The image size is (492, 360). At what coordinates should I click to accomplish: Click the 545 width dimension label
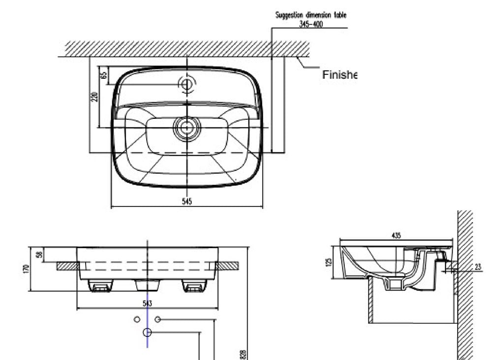(x=186, y=200)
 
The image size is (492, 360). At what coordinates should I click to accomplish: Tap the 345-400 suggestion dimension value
(x=311, y=24)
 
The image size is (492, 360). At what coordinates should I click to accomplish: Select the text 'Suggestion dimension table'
(x=310, y=15)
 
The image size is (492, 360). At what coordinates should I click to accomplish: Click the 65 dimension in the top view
(x=103, y=75)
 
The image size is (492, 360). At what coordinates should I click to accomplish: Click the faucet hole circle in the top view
(x=186, y=84)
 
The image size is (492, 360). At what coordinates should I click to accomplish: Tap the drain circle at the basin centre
(x=186, y=128)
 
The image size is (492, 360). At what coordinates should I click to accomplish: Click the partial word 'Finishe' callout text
(x=338, y=75)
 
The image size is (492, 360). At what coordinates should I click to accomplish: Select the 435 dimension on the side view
(x=396, y=235)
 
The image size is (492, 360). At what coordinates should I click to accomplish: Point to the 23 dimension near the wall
(x=478, y=266)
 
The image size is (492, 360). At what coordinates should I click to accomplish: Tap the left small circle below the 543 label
(x=137, y=319)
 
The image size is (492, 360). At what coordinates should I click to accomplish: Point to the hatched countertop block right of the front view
(x=227, y=265)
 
